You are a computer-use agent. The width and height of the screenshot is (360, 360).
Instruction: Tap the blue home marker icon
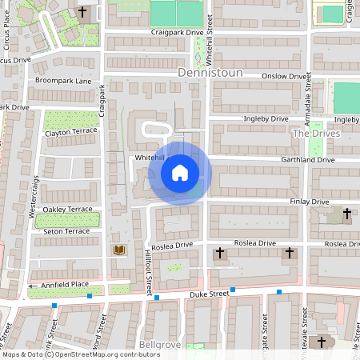[180, 172]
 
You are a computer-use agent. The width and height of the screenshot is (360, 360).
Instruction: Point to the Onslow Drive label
[286, 76]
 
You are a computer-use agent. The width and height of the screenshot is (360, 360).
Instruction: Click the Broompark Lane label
[63, 82]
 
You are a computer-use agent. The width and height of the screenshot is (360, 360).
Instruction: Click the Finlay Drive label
[310, 202]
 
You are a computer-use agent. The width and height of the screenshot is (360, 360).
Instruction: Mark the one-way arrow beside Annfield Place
[33, 286]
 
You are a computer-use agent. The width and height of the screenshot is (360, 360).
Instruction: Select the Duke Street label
[210, 295]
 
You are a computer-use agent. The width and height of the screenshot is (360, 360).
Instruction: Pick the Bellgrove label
[156, 345]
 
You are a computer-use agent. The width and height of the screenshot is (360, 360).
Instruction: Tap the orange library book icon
[119, 251]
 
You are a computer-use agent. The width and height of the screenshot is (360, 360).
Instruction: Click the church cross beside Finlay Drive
[346, 214]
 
